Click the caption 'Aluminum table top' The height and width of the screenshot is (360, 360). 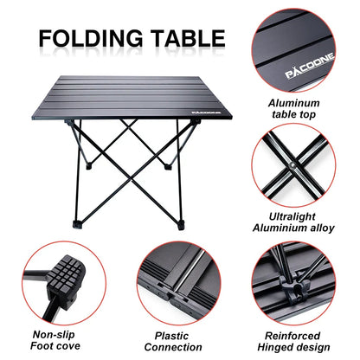tap(298, 108)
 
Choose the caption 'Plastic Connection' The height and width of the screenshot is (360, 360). tap(178, 338)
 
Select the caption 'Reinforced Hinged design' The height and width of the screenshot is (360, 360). tap(299, 338)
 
